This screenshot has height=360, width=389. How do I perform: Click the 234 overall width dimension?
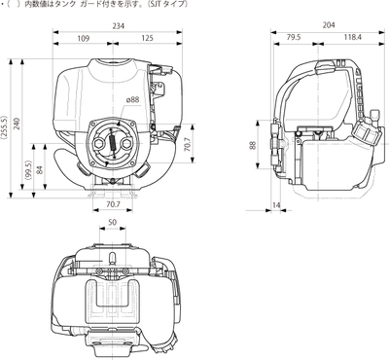[118, 26]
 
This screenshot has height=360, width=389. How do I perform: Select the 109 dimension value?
[84, 39]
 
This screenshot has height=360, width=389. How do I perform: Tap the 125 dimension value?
[147, 38]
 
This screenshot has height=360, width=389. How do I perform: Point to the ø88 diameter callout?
[132, 99]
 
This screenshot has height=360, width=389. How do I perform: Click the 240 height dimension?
[18, 124]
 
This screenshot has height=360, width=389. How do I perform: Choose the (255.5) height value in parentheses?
[4, 126]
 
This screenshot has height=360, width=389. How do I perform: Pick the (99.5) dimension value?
[28, 170]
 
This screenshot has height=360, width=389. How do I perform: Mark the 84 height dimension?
[40, 170]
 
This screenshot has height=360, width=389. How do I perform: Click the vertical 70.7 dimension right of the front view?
[187, 143]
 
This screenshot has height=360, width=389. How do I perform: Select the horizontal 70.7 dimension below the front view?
[113, 204]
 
